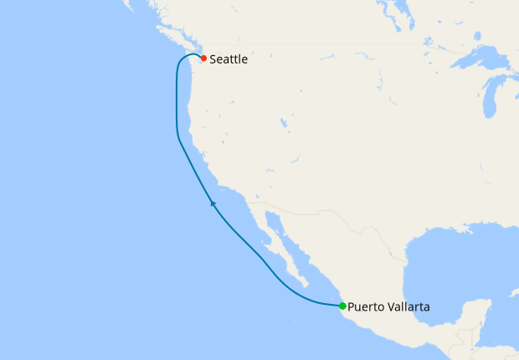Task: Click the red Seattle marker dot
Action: (x=203, y=59)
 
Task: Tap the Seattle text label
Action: (x=229, y=59)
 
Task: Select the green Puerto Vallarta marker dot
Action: (x=342, y=306)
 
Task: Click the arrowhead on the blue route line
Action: (x=213, y=203)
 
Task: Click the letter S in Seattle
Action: (x=213, y=59)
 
